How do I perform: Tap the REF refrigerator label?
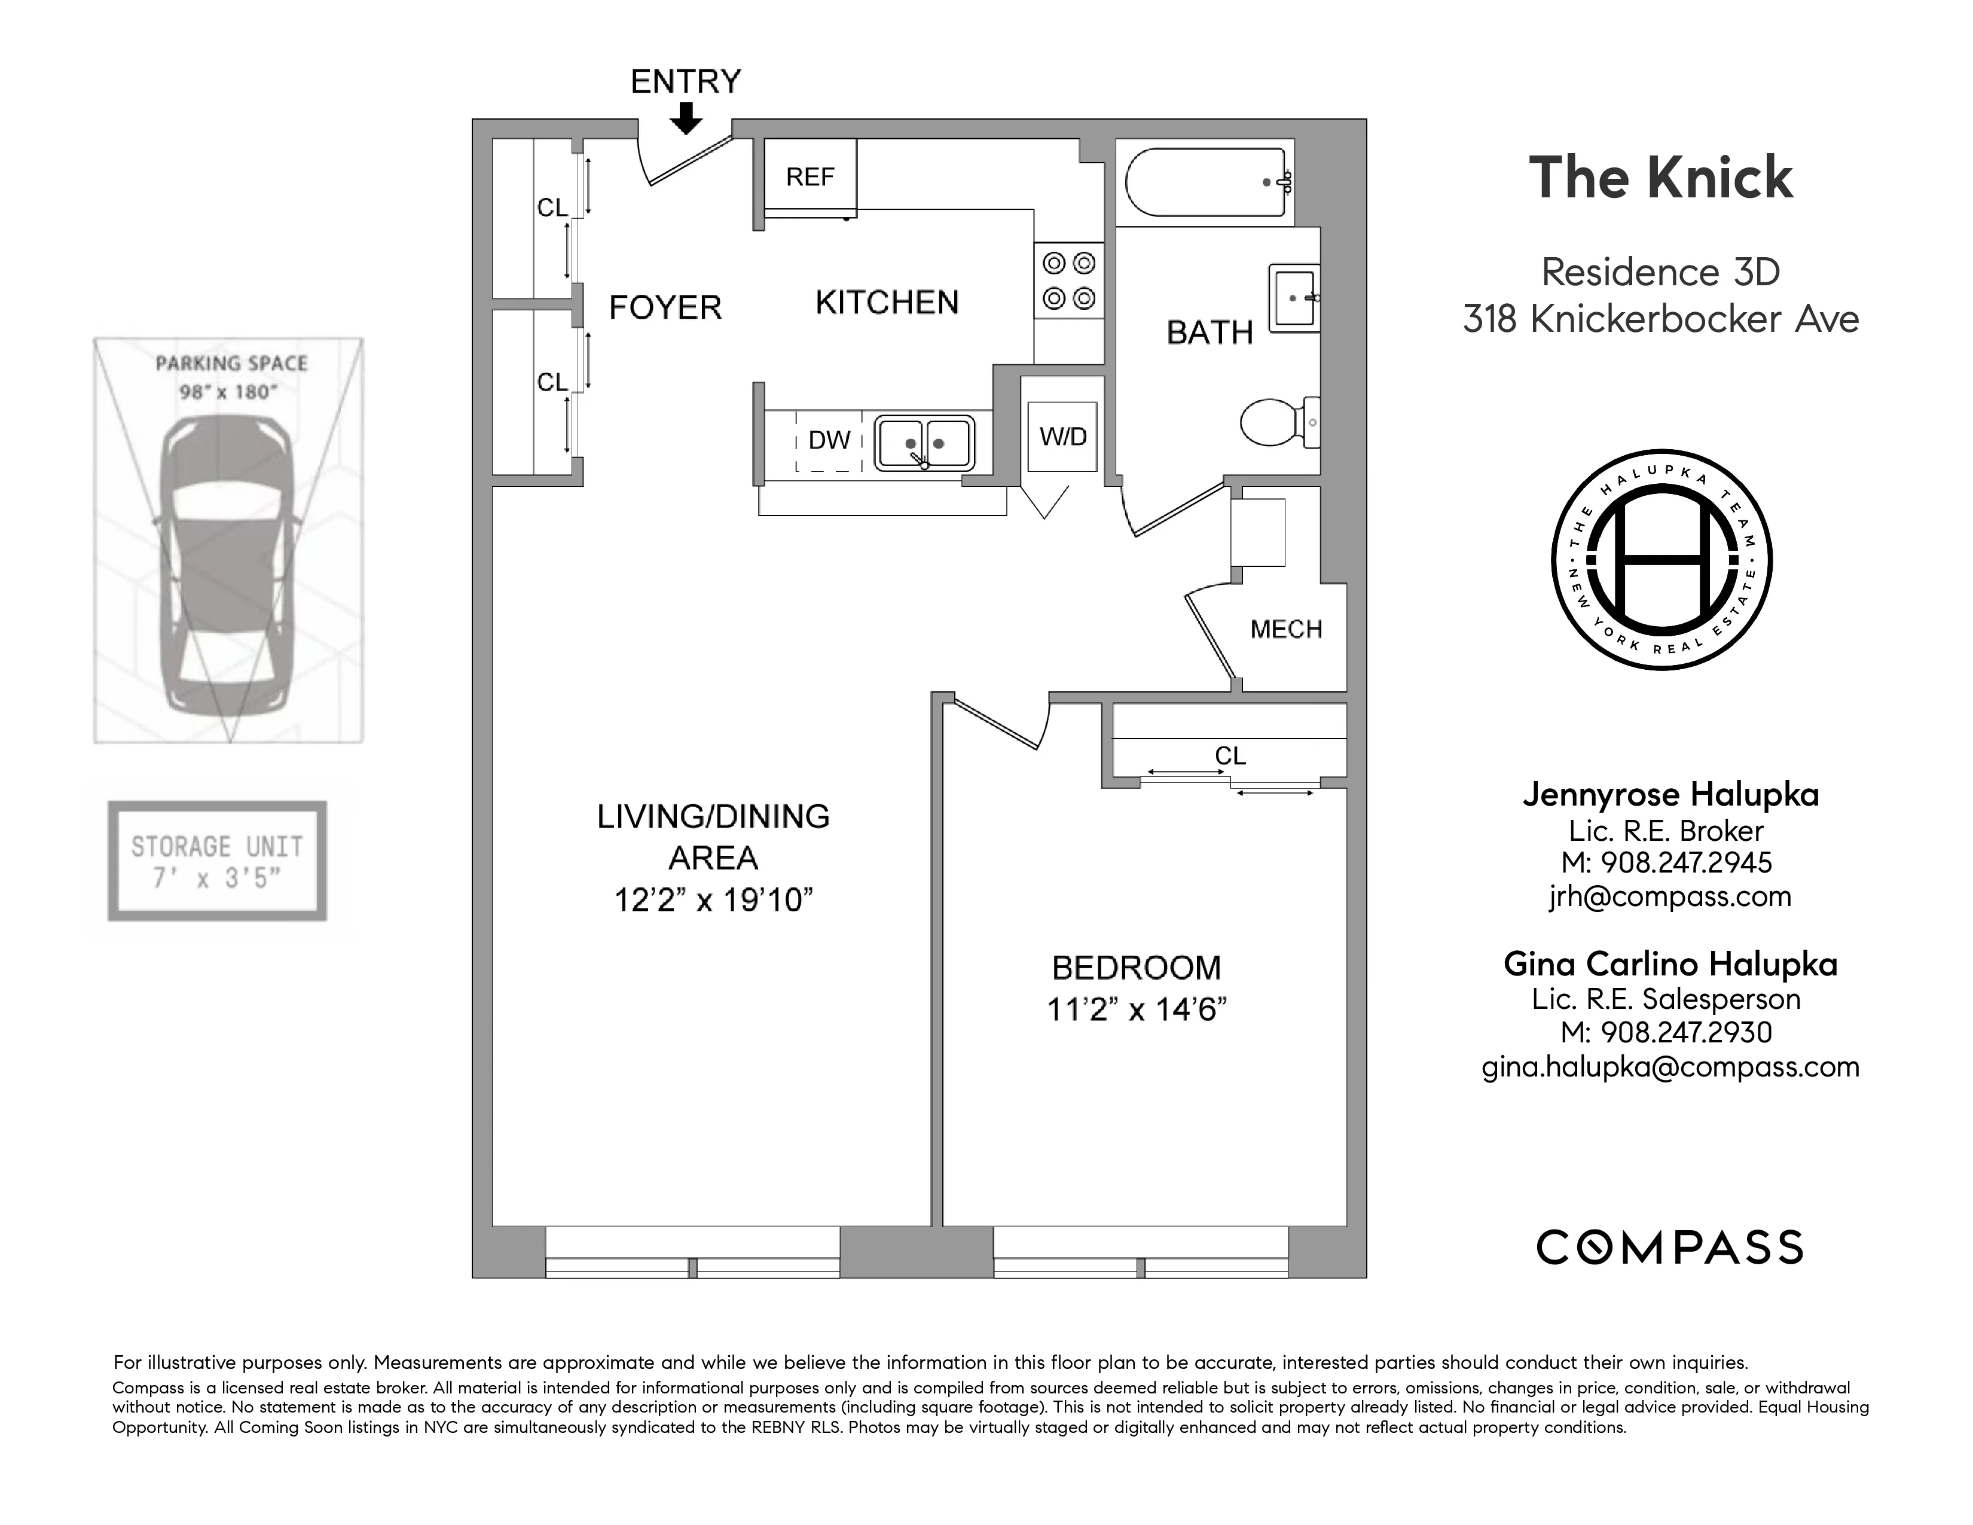click(x=810, y=177)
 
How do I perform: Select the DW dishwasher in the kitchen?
click(x=829, y=441)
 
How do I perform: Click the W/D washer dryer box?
click(x=1062, y=437)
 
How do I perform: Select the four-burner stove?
click(x=1069, y=280)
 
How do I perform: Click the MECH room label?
click(x=1285, y=630)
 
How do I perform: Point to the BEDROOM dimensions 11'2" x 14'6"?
click(x=1137, y=1009)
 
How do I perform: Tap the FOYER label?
click(x=665, y=308)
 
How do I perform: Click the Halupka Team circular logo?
click(x=1662, y=560)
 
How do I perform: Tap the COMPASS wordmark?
click(x=1669, y=1248)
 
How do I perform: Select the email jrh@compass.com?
click(x=1669, y=896)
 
